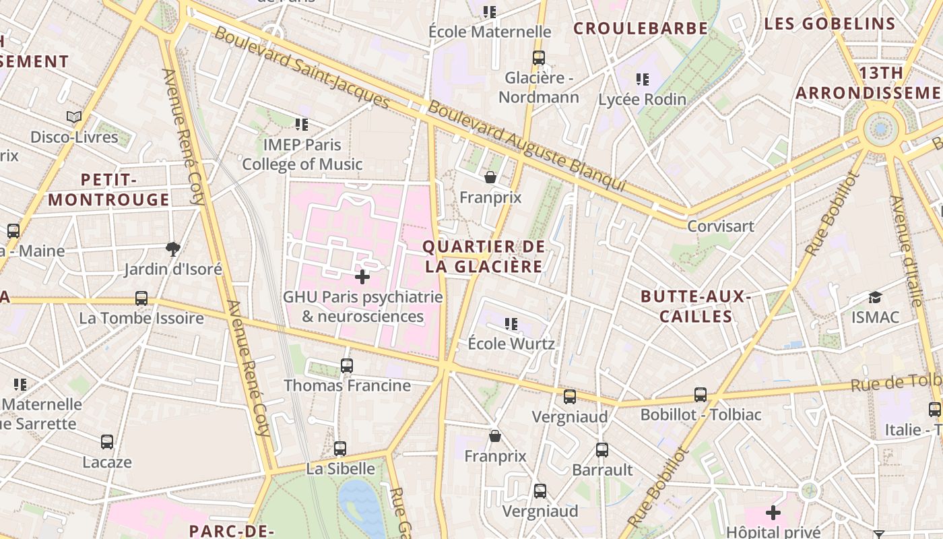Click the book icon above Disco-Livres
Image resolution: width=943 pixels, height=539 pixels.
pos(74,117)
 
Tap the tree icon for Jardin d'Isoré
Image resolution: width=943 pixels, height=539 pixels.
pos(173,249)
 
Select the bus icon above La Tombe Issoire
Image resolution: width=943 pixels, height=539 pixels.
pos(141,298)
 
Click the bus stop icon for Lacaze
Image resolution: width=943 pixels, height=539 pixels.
pos(107,442)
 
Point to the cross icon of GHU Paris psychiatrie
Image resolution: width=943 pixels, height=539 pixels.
pos(362,277)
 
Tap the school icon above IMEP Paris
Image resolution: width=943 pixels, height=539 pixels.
pos(302,125)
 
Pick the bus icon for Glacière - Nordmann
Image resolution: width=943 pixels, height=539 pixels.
pos(538,58)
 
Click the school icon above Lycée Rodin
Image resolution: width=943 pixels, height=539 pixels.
pos(643,80)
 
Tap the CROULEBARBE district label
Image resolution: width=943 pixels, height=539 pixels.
pos(641,28)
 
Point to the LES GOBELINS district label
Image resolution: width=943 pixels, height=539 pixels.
pos(830,24)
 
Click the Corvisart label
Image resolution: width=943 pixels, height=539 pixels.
pos(720,226)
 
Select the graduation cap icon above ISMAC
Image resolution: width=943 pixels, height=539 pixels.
pos(875,297)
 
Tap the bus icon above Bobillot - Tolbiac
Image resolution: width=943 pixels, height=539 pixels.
pos(701,394)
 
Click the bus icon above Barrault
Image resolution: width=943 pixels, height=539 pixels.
pos(602,449)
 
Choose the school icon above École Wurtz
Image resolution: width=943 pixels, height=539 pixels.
pos(511,324)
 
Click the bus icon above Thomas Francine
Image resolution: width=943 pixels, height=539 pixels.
pos(347,366)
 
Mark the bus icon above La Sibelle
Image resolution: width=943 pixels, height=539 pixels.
pos(340,448)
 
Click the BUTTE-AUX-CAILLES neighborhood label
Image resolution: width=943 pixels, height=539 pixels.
pos(696,307)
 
